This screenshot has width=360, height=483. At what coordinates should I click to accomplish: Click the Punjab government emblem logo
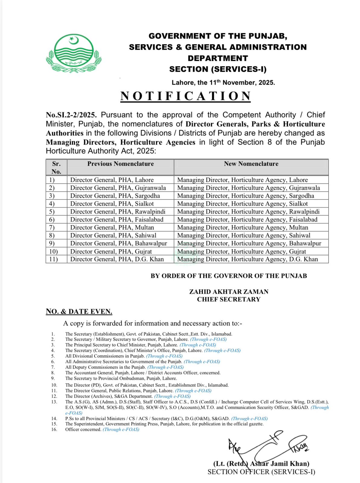pos(74,53)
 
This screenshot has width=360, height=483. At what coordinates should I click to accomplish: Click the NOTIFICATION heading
pos(185,96)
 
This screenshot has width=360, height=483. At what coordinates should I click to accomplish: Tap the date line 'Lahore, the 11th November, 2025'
pos(223,82)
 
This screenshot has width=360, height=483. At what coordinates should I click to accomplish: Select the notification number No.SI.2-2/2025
pos(71,115)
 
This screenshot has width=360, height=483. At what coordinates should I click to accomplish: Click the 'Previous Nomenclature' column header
pos(120,164)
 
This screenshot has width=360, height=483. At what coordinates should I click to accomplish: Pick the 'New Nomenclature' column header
pos(251,164)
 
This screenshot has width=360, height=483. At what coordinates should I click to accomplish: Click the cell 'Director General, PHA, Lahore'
pos(112,180)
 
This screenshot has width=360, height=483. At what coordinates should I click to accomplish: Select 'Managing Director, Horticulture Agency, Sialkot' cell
pos(242,204)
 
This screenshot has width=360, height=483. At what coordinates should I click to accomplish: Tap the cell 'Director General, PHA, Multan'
pos(112,228)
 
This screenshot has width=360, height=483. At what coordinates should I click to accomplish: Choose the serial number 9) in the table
pos(52,243)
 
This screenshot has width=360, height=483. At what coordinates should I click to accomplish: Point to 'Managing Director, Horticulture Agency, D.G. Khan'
pos(248,259)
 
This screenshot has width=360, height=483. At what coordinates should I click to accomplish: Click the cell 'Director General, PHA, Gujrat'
pos(111,251)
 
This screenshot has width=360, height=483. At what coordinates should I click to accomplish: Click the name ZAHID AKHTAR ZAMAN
pos(229,292)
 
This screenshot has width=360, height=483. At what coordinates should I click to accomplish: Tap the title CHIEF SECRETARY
pos(229,299)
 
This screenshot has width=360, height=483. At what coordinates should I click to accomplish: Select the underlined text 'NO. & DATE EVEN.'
pos(79,312)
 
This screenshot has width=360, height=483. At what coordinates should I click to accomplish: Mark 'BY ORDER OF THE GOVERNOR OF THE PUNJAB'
pos(229,276)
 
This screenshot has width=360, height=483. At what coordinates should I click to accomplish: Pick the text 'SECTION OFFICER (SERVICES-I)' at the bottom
pos(261,472)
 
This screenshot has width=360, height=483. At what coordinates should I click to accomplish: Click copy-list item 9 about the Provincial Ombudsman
pos(121,378)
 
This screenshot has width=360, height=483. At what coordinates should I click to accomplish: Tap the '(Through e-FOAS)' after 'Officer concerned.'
pos(121,430)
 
